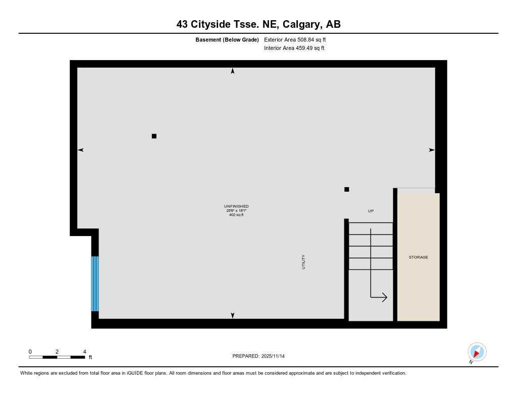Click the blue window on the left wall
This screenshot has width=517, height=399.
95,283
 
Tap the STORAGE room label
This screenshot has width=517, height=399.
418,257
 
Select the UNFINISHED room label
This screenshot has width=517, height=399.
236,206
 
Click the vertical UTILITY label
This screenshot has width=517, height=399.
303,262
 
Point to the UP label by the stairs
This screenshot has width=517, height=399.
371,211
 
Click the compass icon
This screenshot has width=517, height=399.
477,352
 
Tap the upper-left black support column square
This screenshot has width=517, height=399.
154,136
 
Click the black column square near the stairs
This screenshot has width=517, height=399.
346,189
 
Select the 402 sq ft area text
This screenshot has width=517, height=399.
236,215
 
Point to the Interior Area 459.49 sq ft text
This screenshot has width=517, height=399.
294,48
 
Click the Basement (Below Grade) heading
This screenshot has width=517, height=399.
227,39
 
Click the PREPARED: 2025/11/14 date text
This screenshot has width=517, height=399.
258,356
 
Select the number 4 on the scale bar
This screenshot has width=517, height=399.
84,352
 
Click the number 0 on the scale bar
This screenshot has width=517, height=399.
30,352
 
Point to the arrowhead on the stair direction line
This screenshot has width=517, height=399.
384,298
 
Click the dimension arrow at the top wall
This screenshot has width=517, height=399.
233,71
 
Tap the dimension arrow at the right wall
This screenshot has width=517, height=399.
432,150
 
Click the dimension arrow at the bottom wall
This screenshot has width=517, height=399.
233,316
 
